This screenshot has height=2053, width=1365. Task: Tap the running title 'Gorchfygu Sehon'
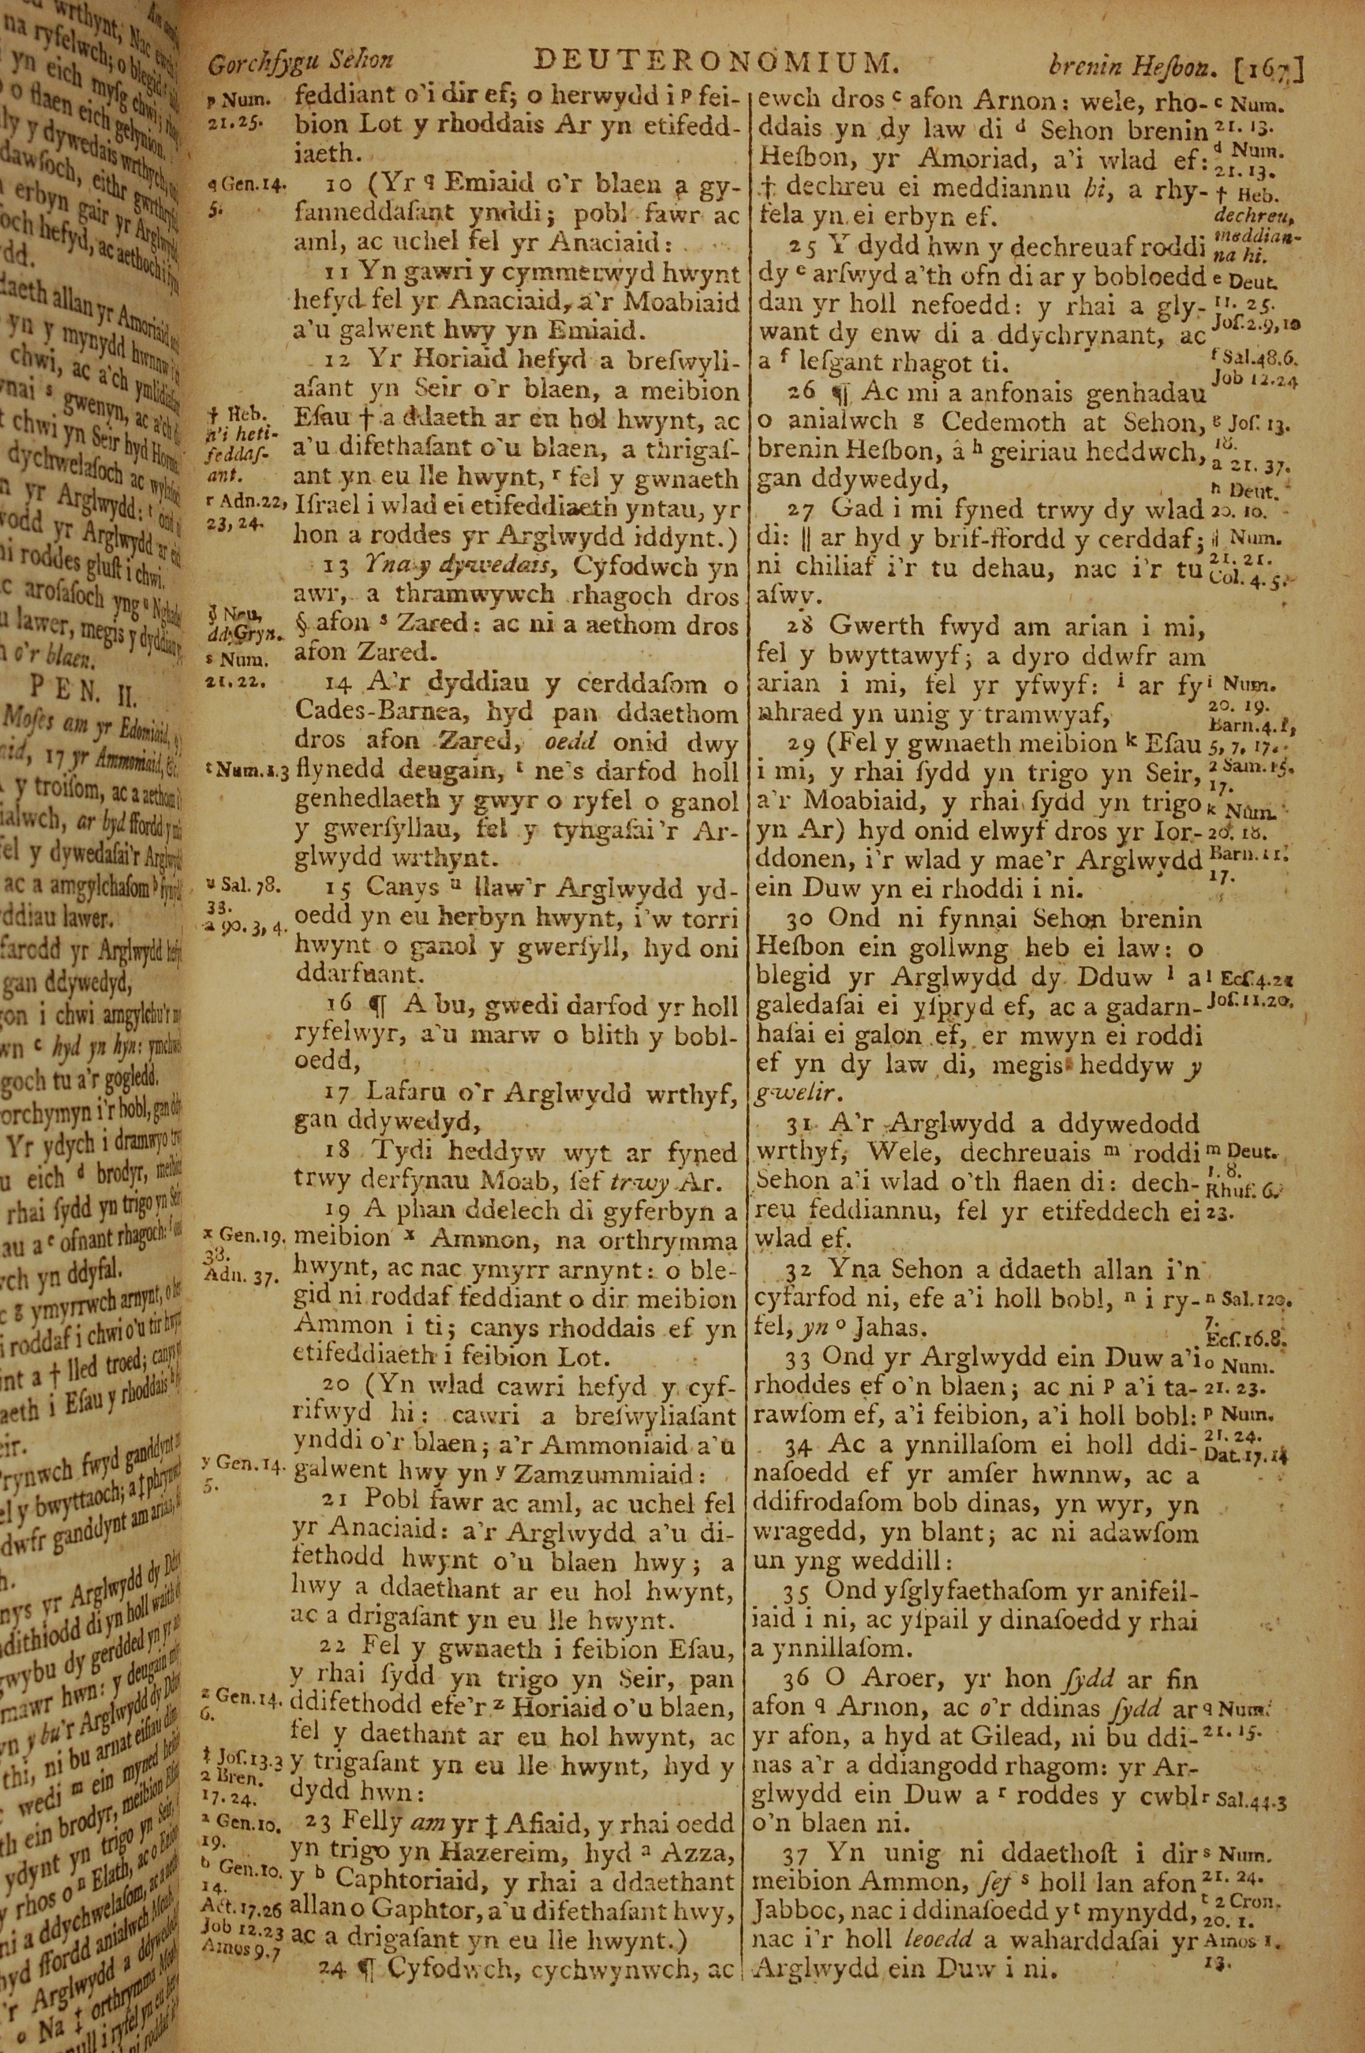pyautogui.click(x=300, y=62)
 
